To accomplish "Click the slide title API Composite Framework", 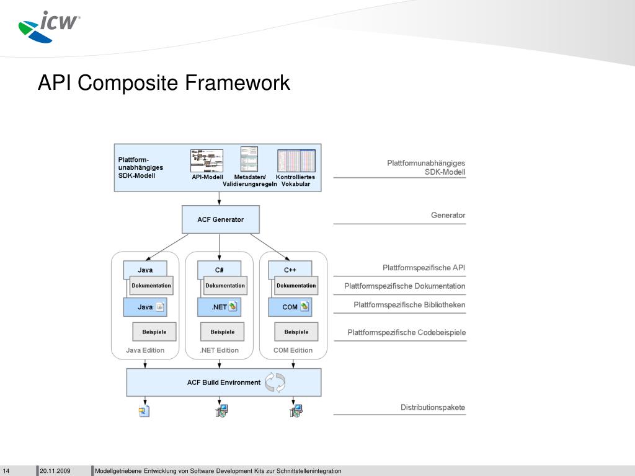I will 164,82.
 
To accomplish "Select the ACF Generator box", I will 220,219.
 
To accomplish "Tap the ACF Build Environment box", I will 224,382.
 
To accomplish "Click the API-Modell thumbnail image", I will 206,161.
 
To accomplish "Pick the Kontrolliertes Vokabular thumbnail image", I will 296,161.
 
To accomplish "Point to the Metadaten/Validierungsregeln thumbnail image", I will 249,159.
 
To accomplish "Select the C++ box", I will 290,270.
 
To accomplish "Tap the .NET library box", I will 219,307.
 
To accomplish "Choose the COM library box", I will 290,307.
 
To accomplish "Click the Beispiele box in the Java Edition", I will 154,332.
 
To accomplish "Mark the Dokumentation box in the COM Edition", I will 296,286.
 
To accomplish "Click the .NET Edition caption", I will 219,350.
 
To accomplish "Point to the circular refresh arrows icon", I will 275,382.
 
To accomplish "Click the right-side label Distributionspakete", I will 432,407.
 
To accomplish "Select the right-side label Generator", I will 448,215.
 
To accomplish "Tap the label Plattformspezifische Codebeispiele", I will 406,333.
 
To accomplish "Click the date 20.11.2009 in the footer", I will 55,471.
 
